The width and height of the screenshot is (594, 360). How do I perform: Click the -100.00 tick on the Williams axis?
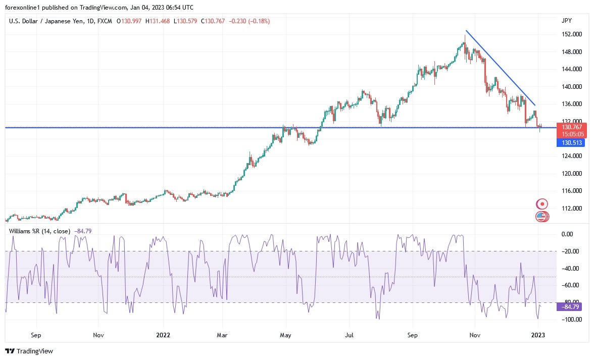(570, 320)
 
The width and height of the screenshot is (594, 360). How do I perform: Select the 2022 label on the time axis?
(163, 335)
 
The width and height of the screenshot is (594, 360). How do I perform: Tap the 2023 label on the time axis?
(538, 335)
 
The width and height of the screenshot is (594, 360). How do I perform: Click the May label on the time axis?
(285, 335)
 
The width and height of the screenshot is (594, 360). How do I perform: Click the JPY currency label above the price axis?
(566, 20)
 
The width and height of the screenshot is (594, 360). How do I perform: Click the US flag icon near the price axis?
(541, 217)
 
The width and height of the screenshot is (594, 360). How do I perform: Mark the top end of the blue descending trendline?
(466, 31)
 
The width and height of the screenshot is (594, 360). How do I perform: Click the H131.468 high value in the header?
(158, 21)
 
